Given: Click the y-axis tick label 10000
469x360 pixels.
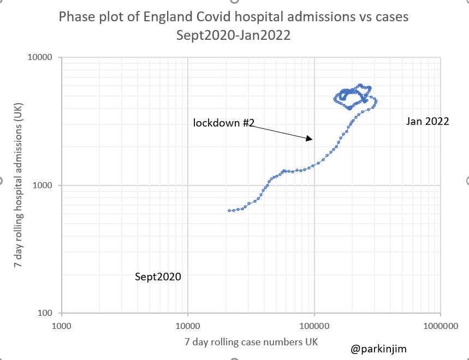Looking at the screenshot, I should (x=40, y=57).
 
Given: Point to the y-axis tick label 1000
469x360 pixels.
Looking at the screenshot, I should (x=42, y=185).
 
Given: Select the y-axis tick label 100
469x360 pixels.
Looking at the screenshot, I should (x=44, y=313).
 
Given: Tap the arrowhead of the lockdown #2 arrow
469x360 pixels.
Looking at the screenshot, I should (x=311, y=140).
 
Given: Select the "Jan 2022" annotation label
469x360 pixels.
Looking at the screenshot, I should (x=428, y=121).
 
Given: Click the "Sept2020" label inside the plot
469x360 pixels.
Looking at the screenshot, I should (x=158, y=277).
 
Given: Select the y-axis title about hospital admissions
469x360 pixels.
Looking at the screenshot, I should (x=19, y=185).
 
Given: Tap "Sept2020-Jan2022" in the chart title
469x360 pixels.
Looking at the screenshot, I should (x=233, y=36).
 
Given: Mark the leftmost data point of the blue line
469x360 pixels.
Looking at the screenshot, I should (x=230, y=211).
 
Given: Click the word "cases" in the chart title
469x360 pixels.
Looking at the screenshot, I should (x=391, y=18).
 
